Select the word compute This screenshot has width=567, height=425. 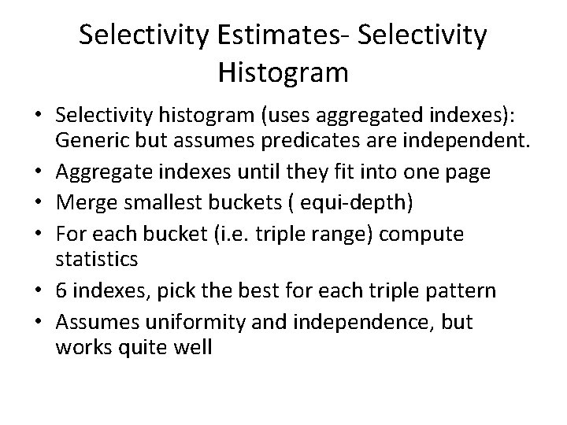tap(428, 235)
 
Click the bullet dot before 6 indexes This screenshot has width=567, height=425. tap(39, 291)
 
